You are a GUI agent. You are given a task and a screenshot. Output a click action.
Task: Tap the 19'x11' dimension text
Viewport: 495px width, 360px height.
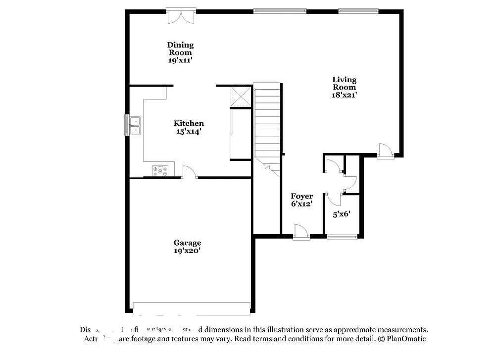(180, 60)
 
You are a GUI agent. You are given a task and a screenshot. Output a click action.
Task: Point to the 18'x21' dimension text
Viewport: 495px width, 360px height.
(344, 95)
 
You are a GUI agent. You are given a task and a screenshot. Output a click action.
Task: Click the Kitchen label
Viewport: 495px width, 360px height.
(189, 123)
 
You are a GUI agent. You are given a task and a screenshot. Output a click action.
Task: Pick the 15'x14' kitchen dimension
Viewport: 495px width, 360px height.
(188, 132)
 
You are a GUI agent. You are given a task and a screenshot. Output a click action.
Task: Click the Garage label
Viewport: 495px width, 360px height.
(187, 243)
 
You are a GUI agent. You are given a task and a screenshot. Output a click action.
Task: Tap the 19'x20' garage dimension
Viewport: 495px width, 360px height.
(187, 251)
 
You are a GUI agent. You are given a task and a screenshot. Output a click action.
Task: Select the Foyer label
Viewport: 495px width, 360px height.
(301, 196)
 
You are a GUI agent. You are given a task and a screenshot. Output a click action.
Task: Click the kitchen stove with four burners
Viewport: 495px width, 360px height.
(160, 171)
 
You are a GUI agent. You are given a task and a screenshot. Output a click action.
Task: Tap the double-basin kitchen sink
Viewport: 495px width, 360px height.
(134, 125)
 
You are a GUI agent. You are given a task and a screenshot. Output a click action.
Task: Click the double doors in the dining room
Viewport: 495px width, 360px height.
(181, 16)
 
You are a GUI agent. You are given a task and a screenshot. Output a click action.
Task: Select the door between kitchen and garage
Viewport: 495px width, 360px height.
(190, 173)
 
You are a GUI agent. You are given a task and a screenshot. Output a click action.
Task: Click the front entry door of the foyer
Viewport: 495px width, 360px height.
(301, 232)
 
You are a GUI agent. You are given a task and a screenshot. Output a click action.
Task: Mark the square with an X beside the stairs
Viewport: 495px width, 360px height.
(241, 96)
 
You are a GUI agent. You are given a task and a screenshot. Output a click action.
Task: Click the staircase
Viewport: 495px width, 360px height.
(267, 124)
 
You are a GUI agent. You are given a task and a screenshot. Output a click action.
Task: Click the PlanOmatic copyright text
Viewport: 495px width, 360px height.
(402, 339)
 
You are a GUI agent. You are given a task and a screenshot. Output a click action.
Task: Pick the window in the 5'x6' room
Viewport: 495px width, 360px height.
(342, 237)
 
